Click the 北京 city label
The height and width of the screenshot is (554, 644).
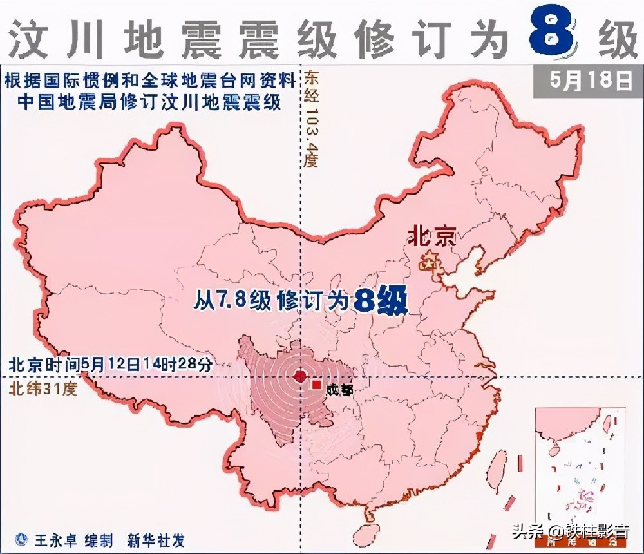click(x=431, y=237)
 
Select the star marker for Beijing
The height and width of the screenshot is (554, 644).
click(x=428, y=263)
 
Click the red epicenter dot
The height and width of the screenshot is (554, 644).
click(x=299, y=377)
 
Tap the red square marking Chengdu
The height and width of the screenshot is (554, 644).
click(x=316, y=385)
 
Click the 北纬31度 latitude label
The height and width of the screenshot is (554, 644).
click(x=43, y=389)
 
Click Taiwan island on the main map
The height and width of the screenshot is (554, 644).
click(x=497, y=468)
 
